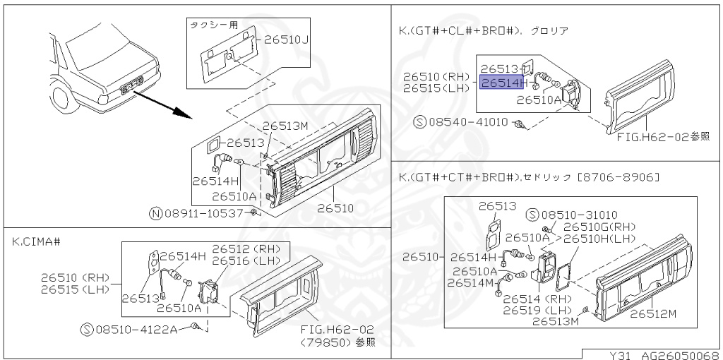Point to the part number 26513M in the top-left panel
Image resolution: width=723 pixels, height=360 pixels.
(287, 126)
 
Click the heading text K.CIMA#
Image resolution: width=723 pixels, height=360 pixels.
(36, 241)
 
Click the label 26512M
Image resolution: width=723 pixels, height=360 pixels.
(653, 313)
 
